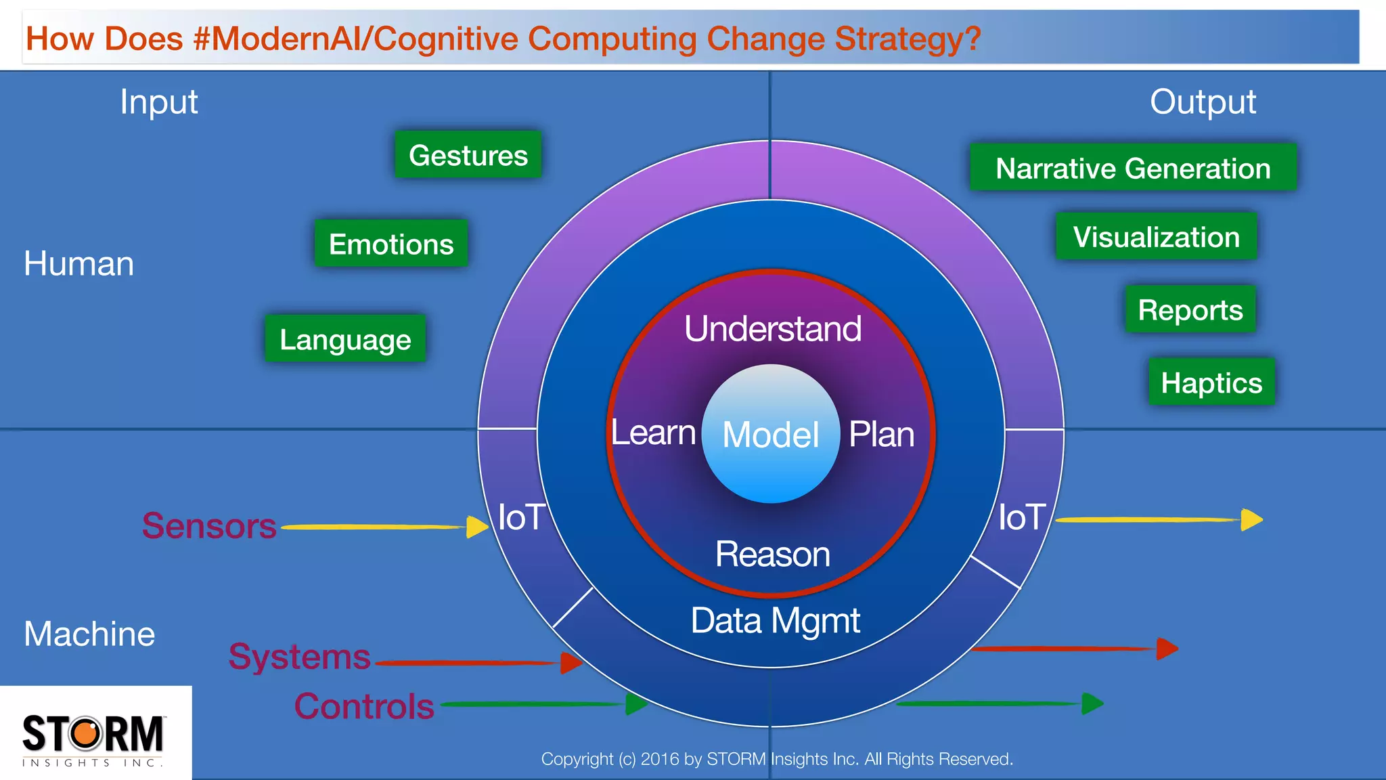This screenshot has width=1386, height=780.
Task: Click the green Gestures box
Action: tap(468, 155)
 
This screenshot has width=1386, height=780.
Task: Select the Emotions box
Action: tap(391, 244)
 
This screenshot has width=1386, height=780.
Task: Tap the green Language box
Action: tap(345, 339)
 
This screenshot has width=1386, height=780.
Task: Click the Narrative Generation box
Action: tap(1133, 168)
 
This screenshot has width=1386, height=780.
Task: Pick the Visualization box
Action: tap(1156, 237)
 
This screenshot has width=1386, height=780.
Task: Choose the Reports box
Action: tap(1190, 309)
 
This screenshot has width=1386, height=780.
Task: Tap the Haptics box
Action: tap(1211, 383)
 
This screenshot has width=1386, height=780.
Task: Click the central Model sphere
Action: tap(771, 434)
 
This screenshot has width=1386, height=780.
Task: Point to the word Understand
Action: tap(772, 329)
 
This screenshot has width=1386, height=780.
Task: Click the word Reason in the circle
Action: tap(772, 555)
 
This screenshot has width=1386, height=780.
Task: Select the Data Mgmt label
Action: tap(775, 620)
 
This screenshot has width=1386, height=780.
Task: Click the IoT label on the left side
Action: tap(521, 517)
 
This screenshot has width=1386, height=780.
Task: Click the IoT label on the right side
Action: tap(1022, 517)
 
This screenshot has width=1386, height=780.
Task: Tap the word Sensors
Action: tap(209, 526)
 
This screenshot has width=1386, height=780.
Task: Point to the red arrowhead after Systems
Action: tap(571, 663)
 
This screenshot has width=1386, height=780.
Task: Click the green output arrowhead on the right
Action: tap(1092, 703)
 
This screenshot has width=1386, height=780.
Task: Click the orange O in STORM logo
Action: tap(87, 734)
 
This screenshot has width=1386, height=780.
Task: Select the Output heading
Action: tap(1203, 102)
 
